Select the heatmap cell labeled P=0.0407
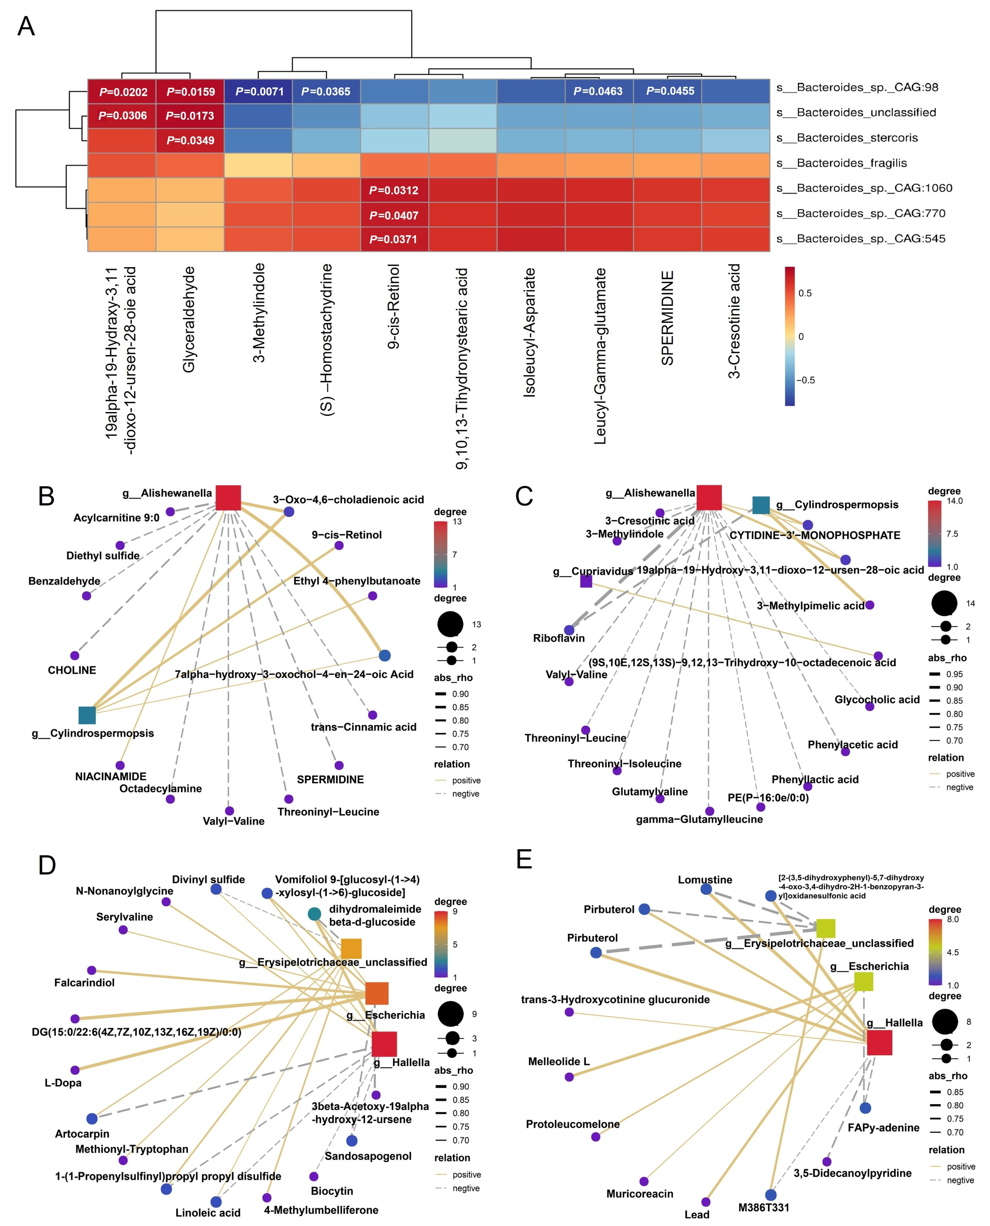tap(394, 215)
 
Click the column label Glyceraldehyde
tap(189, 319)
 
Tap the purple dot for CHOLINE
tap(75, 656)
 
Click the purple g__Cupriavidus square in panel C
tap(586, 581)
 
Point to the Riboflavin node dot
tap(569, 630)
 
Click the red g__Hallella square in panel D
tap(384, 1044)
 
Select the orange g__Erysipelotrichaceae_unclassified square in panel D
tap(351, 948)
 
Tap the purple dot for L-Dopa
tap(75, 1070)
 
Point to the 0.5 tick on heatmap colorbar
tap(805, 293)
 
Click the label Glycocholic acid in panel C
tap(876, 700)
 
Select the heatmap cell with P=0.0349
tap(190, 140)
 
